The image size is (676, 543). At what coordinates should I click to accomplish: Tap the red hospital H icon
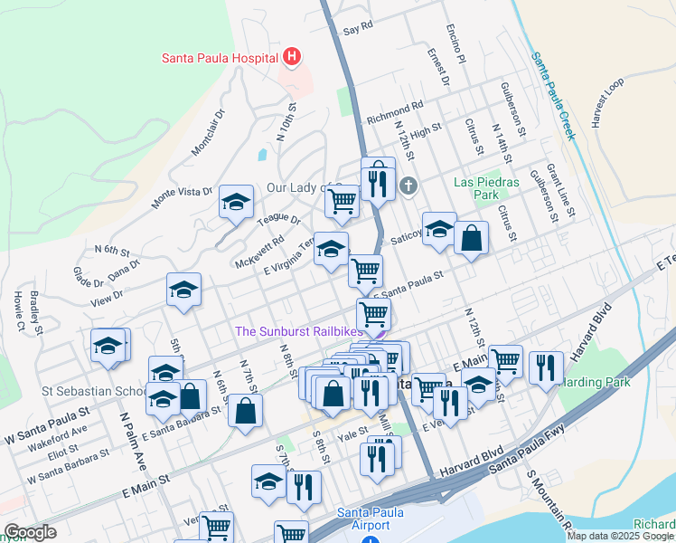click(292, 57)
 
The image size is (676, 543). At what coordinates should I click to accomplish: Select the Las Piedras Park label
click(486, 188)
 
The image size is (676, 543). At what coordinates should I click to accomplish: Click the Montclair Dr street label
click(207, 138)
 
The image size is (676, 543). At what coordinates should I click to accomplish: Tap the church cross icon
click(408, 186)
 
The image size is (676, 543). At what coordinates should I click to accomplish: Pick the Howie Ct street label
click(18, 309)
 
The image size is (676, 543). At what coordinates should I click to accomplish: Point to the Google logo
click(31, 532)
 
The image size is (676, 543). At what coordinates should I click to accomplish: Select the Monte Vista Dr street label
click(183, 198)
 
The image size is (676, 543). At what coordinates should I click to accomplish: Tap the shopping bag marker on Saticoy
click(471, 238)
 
